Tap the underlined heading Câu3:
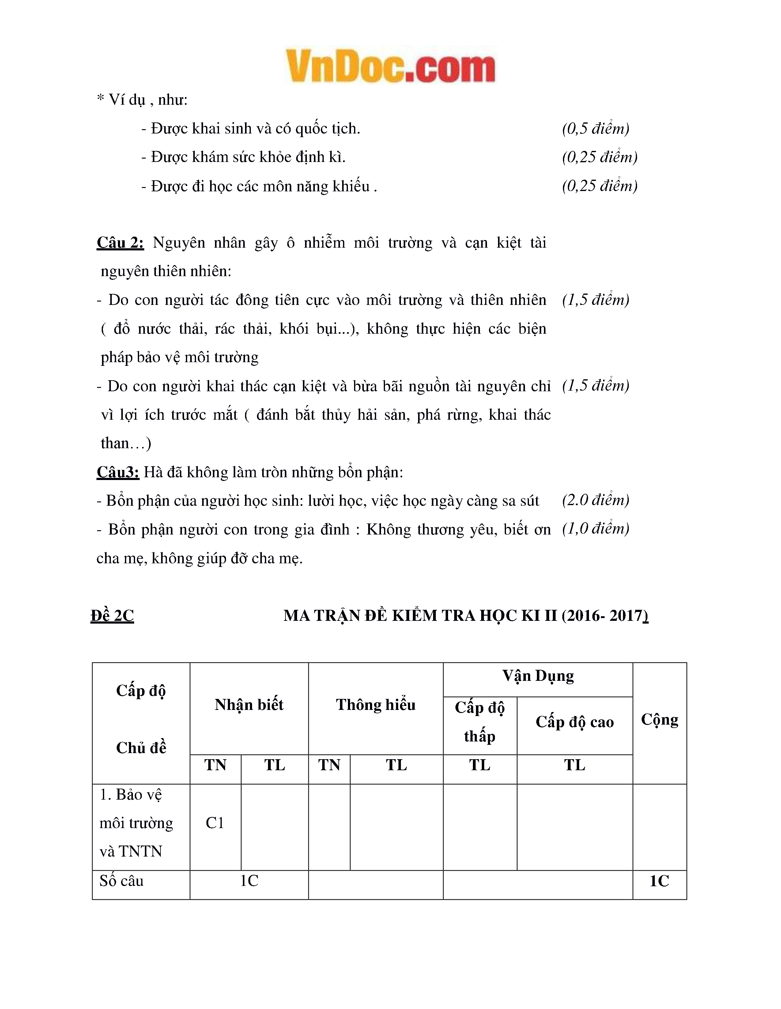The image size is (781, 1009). [x=118, y=472]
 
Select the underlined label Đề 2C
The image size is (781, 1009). [x=112, y=616]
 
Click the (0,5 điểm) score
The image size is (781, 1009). [x=596, y=129]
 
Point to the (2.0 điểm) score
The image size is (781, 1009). [x=596, y=500]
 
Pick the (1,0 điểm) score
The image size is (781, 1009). [x=596, y=528]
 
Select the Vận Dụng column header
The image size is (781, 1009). [x=538, y=676]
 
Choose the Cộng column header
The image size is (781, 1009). [x=659, y=720]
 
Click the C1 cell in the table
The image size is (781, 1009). [x=215, y=823]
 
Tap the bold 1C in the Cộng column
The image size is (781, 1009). [x=659, y=881]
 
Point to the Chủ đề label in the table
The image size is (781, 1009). [x=141, y=748]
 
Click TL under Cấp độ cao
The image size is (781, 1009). [x=575, y=765]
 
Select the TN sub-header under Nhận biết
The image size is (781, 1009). [x=215, y=765]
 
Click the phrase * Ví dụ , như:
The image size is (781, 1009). [x=142, y=100]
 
